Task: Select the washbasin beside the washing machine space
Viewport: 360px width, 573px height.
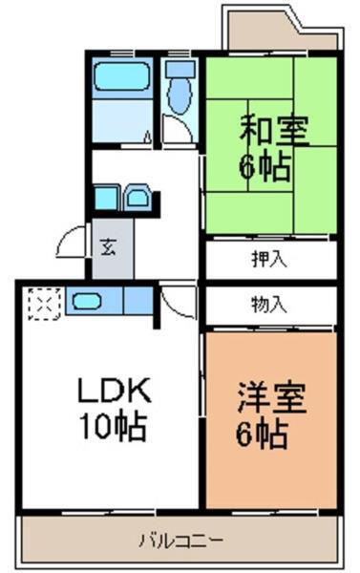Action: [139, 200]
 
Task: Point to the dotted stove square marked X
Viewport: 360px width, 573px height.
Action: [43, 304]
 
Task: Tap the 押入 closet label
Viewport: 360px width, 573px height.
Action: [269, 259]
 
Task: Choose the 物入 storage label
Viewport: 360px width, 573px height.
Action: [269, 305]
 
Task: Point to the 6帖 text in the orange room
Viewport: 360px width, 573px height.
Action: [265, 435]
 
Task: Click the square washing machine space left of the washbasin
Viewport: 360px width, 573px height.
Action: [107, 199]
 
